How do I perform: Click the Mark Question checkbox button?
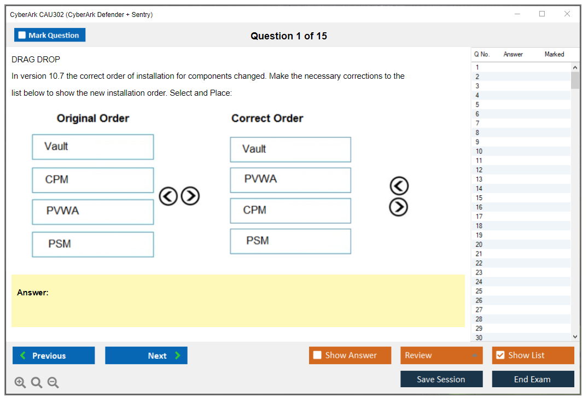click(49, 35)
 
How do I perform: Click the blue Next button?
click(146, 356)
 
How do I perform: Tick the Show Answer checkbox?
click(317, 355)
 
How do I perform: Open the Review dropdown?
click(441, 355)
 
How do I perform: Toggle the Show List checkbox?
click(500, 355)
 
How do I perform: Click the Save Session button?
click(441, 379)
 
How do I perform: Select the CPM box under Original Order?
click(93, 180)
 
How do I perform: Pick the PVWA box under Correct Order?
click(290, 180)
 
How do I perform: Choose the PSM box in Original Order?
click(93, 244)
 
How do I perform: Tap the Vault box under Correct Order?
click(290, 150)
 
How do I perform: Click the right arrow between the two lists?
click(190, 196)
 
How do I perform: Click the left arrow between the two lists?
click(168, 196)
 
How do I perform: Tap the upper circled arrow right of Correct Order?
click(399, 185)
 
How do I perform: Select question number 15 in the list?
click(479, 197)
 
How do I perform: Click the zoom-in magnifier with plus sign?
click(20, 382)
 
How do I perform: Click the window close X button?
click(567, 14)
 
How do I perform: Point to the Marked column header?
click(554, 54)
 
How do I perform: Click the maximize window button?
click(542, 14)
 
